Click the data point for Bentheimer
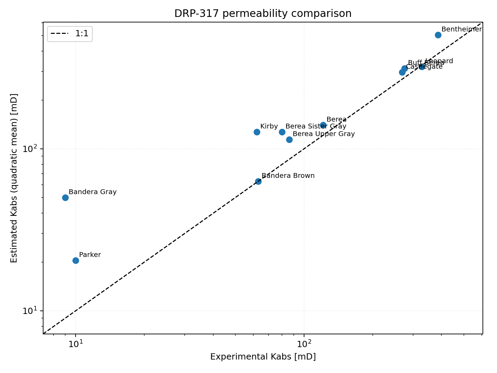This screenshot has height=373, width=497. click(x=438, y=35)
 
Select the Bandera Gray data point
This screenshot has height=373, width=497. click(x=65, y=198)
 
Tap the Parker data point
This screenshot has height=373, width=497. click(x=76, y=260)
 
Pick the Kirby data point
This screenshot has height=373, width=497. click(x=257, y=132)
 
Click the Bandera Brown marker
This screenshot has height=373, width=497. click(x=258, y=181)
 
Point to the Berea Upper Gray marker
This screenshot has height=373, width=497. click(x=289, y=140)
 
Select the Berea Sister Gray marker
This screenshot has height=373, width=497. click(x=282, y=132)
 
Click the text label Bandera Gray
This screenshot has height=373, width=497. click(x=92, y=192)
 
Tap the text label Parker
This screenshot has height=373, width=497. click(x=90, y=255)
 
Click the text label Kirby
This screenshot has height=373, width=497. click(x=269, y=126)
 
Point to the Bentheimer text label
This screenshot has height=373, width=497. click(x=461, y=29)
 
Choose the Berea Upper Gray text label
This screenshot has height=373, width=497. click(x=323, y=134)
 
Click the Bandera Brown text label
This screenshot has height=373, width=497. click(x=288, y=176)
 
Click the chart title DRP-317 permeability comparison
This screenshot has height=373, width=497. click(x=263, y=13)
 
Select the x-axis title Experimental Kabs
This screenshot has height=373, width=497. click(x=263, y=357)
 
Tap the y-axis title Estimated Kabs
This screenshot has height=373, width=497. click(x=14, y=178)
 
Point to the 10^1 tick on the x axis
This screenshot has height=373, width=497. click(x=76, y=344)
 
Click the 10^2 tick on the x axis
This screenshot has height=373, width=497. click(x=304, y=344)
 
